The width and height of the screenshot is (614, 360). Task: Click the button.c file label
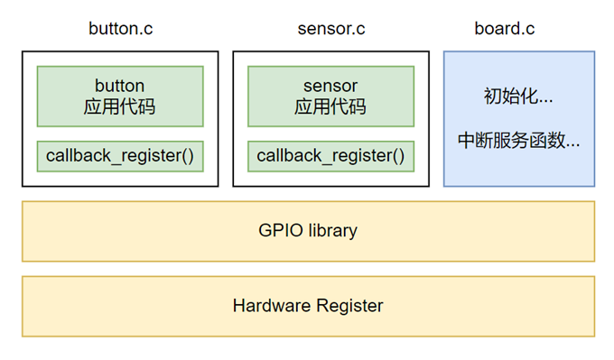point(120,28)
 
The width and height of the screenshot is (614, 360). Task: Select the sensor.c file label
point(331,28)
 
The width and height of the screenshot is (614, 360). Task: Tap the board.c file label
point(504,28)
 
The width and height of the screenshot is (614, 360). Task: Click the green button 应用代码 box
point(120,97)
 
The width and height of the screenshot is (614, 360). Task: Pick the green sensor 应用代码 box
point(330,97)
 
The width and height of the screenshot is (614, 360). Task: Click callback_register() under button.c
point(120,156)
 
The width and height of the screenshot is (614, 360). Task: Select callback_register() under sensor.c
point(330,156)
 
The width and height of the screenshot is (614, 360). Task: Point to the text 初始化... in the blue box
point(518,96)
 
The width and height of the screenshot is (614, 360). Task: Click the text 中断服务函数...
point(518,141)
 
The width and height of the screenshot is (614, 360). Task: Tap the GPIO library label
point(308,230)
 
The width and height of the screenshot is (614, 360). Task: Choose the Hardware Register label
point(308,306)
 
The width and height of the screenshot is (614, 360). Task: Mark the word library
point(330,230)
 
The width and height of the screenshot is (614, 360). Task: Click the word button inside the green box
point(120,87)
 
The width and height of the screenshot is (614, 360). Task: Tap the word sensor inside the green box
point(330,87)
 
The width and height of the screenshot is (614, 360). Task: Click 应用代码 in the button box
point(120,107)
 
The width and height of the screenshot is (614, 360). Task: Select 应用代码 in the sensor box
point(330,107)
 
